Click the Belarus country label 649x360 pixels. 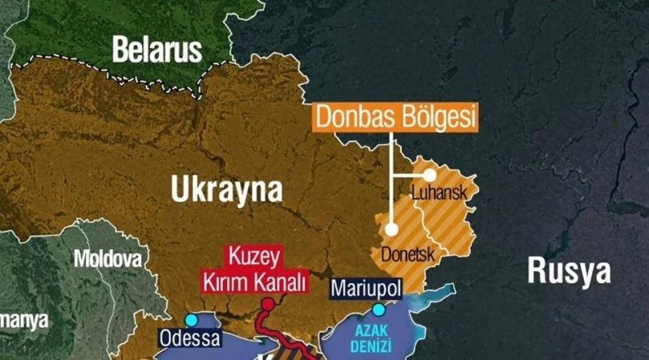click(157, 49)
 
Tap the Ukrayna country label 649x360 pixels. click(227, 190)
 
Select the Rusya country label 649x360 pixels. click(569, 271)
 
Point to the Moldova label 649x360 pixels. click(107, 259)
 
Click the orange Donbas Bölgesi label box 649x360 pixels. click(395, 118)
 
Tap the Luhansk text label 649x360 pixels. click(437, 194)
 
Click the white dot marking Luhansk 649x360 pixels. click(429, 174)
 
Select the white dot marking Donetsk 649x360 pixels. click(392, 229)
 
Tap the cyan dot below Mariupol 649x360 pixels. click(378, 310)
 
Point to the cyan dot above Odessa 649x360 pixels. click(191, 320)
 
